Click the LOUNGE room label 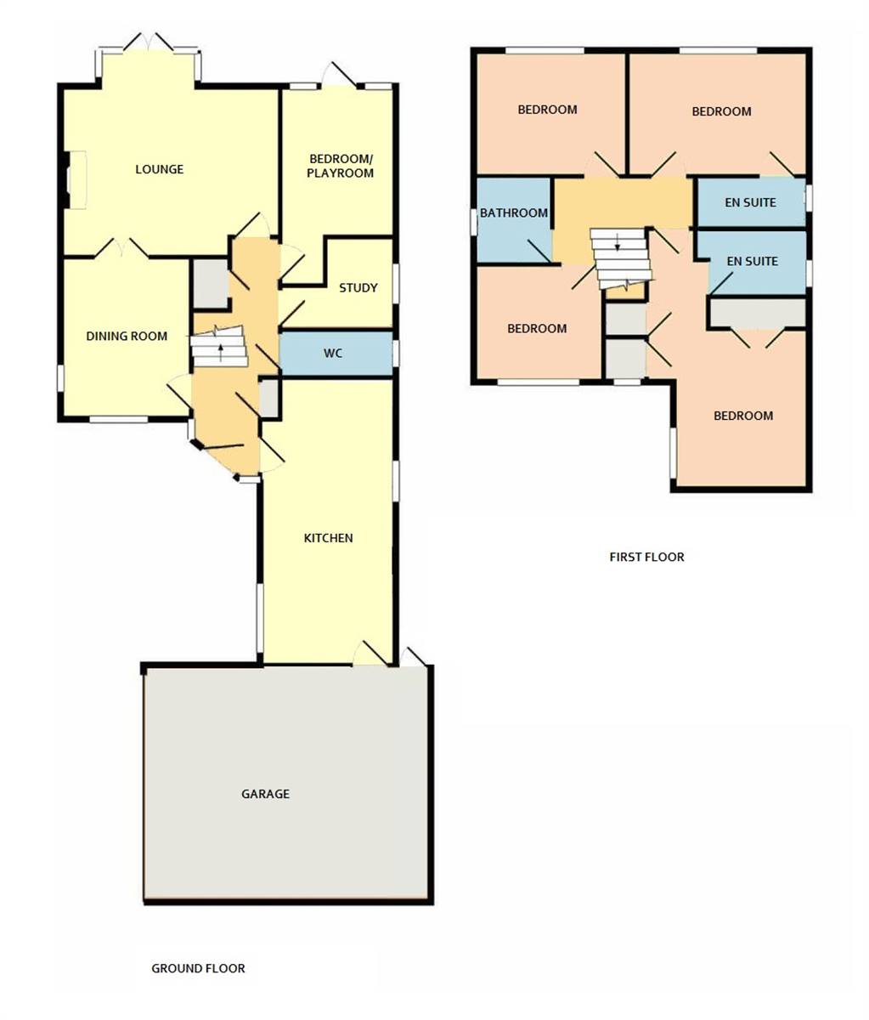tap(159, 169)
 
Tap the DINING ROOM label tap(127, 336)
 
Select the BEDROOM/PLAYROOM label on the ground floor tap(341, 166)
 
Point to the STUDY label tap(358, 288)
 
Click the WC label tap(333, 353)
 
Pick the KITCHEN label tap(328, 538)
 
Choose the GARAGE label tap(265, 794)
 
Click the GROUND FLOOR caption tap(198, 968)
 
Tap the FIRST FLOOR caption tap(646, 558)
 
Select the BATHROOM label tap(514, 213)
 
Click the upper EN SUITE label tap(750, 203)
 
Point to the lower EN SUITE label tap(750, 261)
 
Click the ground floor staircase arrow tap(221, 346)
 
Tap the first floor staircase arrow tap(618, 246)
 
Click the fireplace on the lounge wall tap(75, 180)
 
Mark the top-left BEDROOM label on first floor tap(548, 110)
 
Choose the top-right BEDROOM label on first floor tap(721, 111)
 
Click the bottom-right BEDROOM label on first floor tap(743, 416)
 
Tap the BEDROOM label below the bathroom tap(537, 329)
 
